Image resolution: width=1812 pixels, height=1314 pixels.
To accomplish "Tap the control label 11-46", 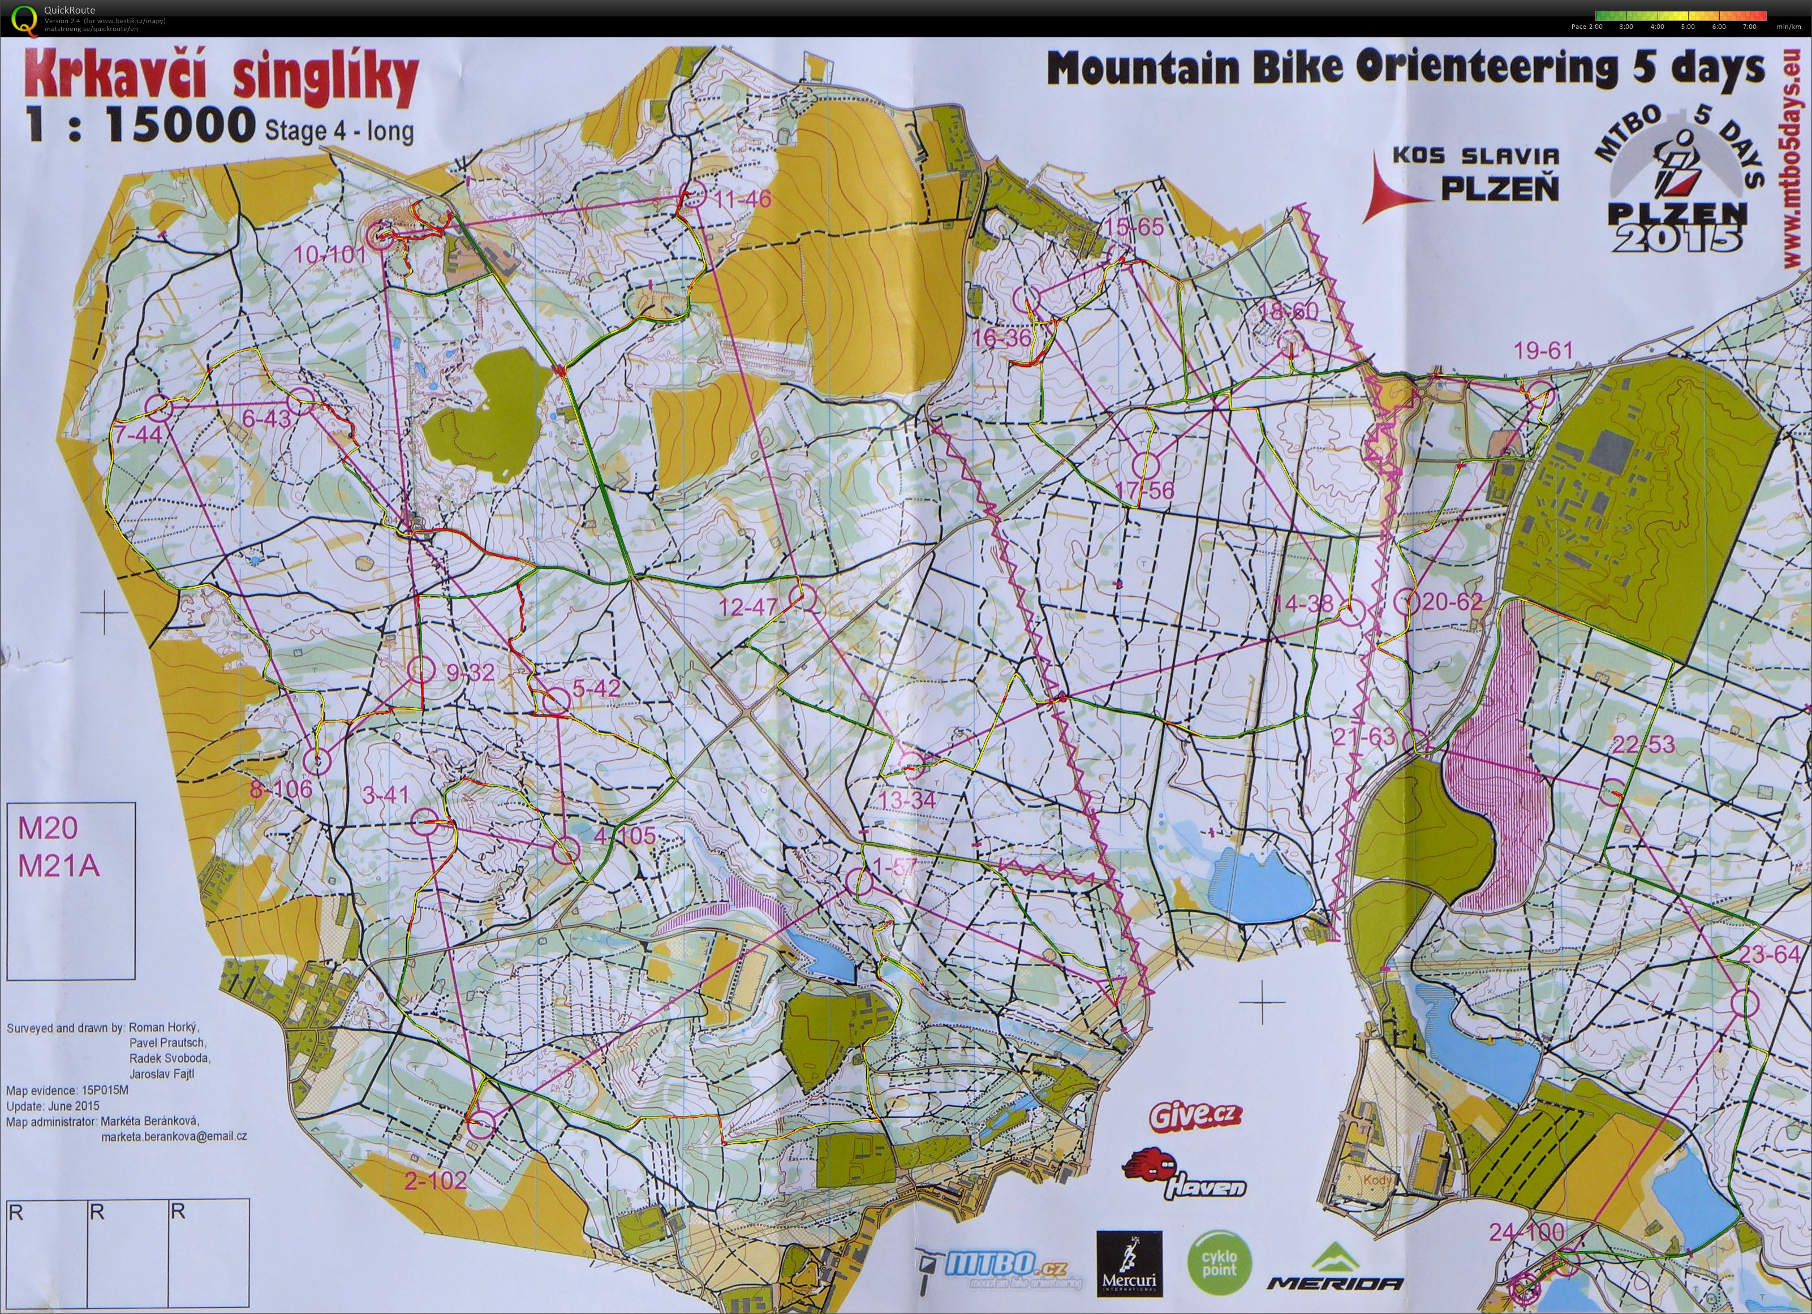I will click(743, 199).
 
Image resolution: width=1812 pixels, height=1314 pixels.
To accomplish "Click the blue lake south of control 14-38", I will click(1261, 886).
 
